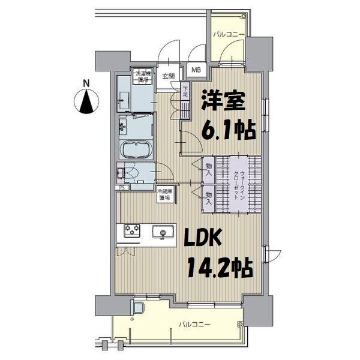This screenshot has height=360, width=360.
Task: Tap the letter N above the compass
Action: (86, 83)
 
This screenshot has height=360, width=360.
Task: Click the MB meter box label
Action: (196, 70)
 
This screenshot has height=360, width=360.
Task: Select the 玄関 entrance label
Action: (168, 76)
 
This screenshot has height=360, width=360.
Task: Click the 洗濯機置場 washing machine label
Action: (142, 77)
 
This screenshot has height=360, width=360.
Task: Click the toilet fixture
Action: (133, 175)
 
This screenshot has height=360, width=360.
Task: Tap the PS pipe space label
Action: (122, 188)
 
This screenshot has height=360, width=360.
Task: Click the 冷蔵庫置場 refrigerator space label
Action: (164, 194)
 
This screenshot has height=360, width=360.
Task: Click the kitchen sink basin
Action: (163, 231)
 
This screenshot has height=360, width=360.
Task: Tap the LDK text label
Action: (201, 240)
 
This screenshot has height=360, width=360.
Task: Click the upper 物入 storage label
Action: (208, 169)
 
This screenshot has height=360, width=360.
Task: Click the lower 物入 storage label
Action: (208, 198)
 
